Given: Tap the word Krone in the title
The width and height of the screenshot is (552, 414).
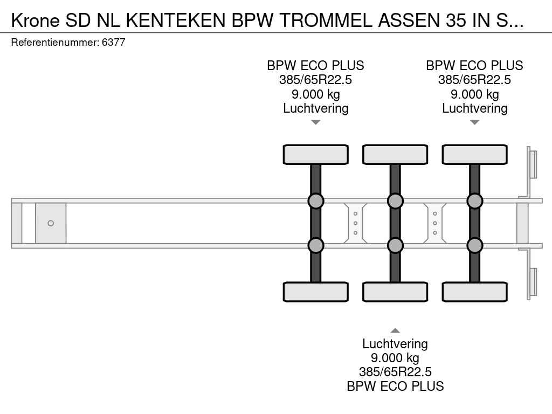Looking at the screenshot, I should (x=36, y=20).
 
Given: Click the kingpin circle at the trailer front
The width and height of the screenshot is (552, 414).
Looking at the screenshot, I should (x=51, y=223).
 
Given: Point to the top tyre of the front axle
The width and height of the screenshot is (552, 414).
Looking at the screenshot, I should (x=316, y=155).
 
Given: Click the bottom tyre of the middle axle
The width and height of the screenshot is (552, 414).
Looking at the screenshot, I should (x=395, y=292).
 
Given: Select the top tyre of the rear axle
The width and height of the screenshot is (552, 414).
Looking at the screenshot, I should (x=474, y=155).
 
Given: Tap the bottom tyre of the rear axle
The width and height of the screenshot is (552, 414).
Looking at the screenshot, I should (x=474, y=292).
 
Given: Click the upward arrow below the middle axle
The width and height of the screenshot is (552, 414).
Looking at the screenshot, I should (x=395, y=330).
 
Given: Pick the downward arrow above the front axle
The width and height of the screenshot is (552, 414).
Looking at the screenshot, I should (x=316, y=122).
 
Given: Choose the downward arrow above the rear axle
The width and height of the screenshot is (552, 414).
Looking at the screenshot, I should (x=474, y=122).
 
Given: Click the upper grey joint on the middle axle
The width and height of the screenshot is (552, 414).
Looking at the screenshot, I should (x=395, y=201).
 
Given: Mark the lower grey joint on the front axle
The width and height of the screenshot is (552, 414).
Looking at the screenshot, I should (x=316, y=245).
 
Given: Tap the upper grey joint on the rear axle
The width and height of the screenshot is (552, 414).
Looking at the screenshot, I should (x=474, y=201).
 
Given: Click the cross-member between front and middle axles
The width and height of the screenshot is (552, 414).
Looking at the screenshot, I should (x=356, y=223).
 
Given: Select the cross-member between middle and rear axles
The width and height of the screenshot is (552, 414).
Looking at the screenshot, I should (x=435, y=223).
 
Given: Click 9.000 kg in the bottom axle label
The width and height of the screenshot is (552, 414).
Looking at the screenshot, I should (x=395, y=358).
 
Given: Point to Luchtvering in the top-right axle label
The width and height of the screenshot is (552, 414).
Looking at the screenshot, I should (x=474, y=108).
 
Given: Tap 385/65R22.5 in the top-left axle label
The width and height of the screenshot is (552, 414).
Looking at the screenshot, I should (x=316, y=80).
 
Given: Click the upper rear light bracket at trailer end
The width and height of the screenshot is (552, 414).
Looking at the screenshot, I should (x=533, y=164).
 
